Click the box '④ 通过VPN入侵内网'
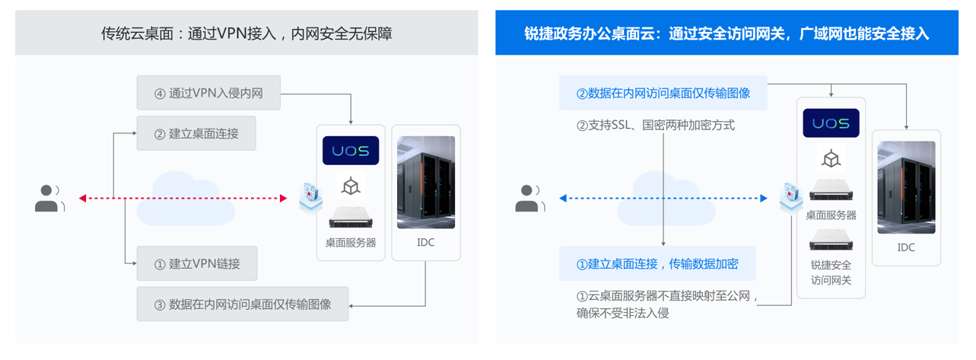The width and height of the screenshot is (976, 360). click(208, 94)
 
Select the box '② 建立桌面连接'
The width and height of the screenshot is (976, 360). click(196, 133)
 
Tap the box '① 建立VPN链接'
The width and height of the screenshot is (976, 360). click(197, 264)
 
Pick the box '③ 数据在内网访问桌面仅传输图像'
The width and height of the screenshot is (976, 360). click(243, 304)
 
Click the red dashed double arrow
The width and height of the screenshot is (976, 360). click(183, 199)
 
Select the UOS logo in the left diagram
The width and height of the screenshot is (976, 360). click(351, 151)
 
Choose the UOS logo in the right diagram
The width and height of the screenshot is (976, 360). click(831, 123)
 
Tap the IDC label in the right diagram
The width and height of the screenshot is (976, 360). click(906, 247)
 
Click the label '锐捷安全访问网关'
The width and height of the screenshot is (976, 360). click(831, 272)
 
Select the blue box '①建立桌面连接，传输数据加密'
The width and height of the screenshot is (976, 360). click(657, 264)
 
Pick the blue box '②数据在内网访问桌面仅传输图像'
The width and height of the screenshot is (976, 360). click(663, 94)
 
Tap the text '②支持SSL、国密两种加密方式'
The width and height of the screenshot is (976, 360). click(655, 125)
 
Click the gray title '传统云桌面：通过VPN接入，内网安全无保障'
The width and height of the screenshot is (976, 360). click(246, 33)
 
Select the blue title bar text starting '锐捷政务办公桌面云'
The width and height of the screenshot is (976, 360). click(726, 33)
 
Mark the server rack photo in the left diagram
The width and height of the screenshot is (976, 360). click(426, 183)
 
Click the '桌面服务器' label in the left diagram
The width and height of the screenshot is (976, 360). click(351, 243)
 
